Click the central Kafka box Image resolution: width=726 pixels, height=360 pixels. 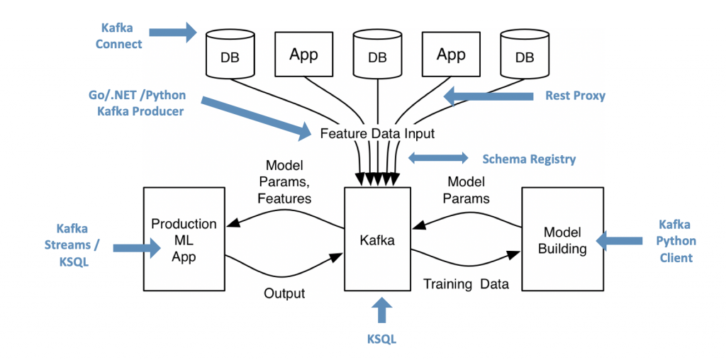coord(376,239)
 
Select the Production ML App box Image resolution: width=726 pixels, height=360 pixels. coord(184,239)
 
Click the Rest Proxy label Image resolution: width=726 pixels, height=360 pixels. coord(575,95)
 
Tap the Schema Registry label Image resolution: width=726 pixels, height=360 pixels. coord(529,159)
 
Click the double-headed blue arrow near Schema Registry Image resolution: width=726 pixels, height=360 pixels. coord(438,158)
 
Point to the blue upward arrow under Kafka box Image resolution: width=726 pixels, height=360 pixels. coord(381,310)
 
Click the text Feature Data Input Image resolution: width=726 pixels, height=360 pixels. coord(377,133)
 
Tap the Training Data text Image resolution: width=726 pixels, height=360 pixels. coord(466,284)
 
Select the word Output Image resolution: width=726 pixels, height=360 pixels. coord(284,293)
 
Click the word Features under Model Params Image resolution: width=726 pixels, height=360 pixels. coord(284,198)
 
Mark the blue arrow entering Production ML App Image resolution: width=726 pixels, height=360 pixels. coord(135,247)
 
